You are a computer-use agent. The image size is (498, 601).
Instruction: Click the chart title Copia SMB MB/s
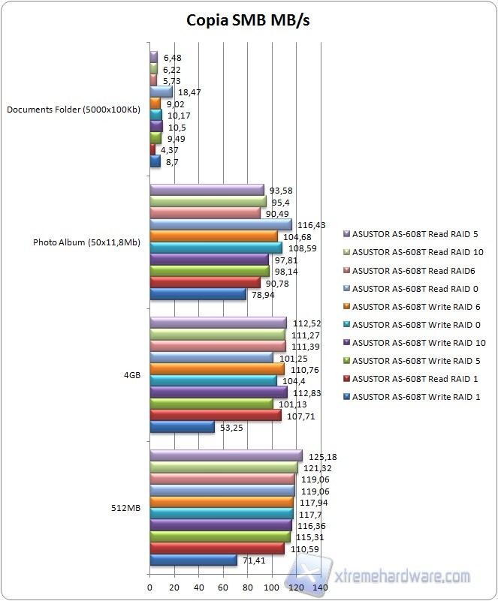click(x=248, y=20)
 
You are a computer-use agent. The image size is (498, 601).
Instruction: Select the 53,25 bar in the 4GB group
click(x=183, y=427)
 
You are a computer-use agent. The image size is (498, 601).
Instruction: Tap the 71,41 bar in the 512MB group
click(x=194, y=560)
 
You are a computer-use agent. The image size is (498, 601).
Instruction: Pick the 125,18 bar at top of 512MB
click(x=226, y=456)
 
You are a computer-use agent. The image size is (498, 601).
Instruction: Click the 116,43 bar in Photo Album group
click(x=221, y=224)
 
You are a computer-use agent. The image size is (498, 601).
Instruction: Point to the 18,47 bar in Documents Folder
click(x=161, y=92)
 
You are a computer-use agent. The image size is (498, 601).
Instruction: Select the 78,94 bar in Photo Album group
click(x=198, y=294)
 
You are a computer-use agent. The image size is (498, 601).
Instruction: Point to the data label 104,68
click(x=294, y=236)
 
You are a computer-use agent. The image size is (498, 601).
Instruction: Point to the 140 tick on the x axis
click(x=321, y=587)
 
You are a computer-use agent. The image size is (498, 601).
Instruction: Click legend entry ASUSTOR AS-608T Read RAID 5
click(x=409, y=235)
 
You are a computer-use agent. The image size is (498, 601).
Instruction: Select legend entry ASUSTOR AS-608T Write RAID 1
click(x=410, y=397)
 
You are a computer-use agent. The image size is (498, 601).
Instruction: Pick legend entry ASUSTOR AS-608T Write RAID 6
click(x=410, y=307)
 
